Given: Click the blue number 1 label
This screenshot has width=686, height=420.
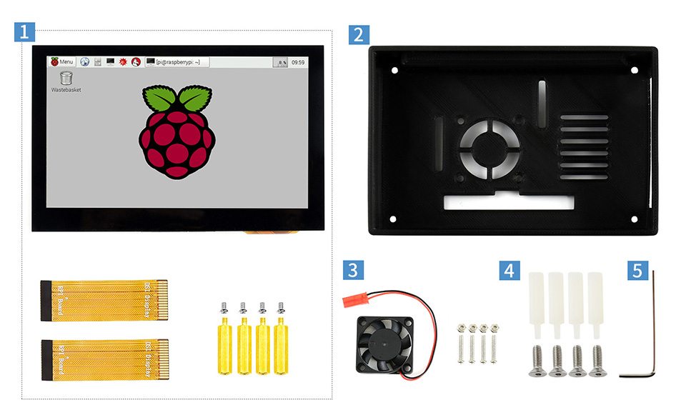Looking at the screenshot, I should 24,32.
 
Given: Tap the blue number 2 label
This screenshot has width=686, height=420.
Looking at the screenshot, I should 359,35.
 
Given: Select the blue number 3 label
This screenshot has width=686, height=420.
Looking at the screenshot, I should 353,271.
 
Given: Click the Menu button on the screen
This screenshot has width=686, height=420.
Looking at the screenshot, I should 61,62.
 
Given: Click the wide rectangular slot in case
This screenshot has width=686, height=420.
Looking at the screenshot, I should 508,202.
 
